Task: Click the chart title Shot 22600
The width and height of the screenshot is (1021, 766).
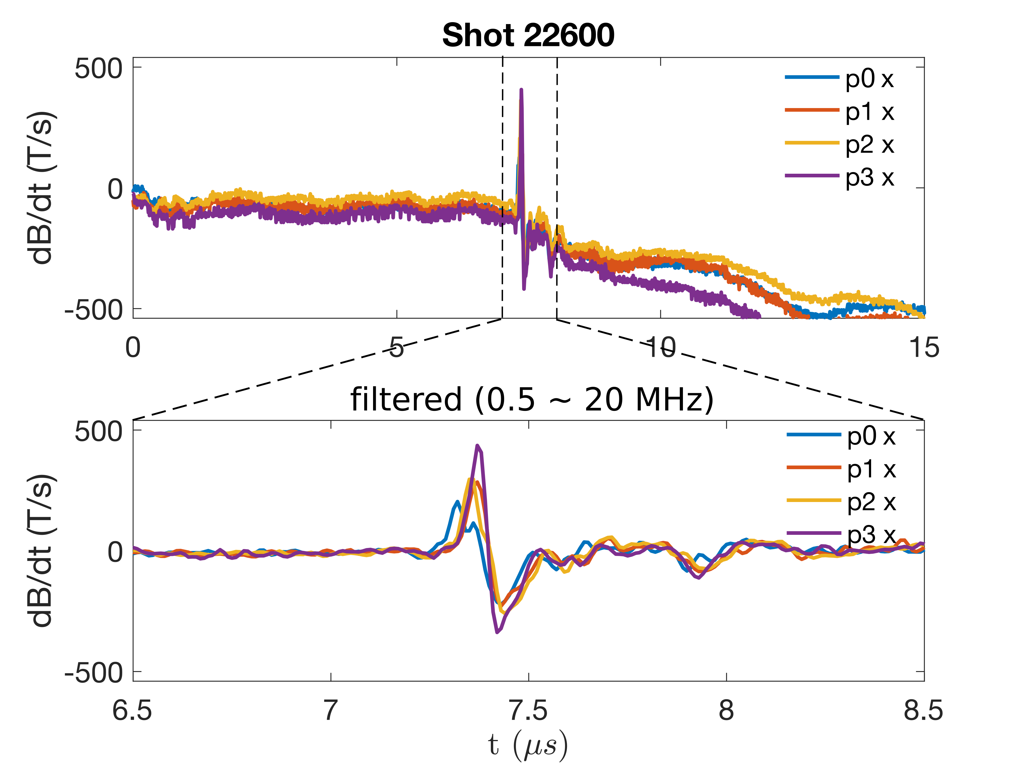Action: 528,36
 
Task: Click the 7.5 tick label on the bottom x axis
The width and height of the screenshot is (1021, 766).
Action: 528,710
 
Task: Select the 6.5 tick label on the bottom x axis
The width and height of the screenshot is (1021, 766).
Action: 132,710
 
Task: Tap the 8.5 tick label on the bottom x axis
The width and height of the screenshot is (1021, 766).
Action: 923,710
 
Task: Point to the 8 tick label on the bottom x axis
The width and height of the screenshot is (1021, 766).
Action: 726,710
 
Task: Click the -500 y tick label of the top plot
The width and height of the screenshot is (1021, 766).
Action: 94,310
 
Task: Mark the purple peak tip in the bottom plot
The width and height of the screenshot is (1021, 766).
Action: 478,446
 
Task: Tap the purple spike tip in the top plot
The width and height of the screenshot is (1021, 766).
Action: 521,89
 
